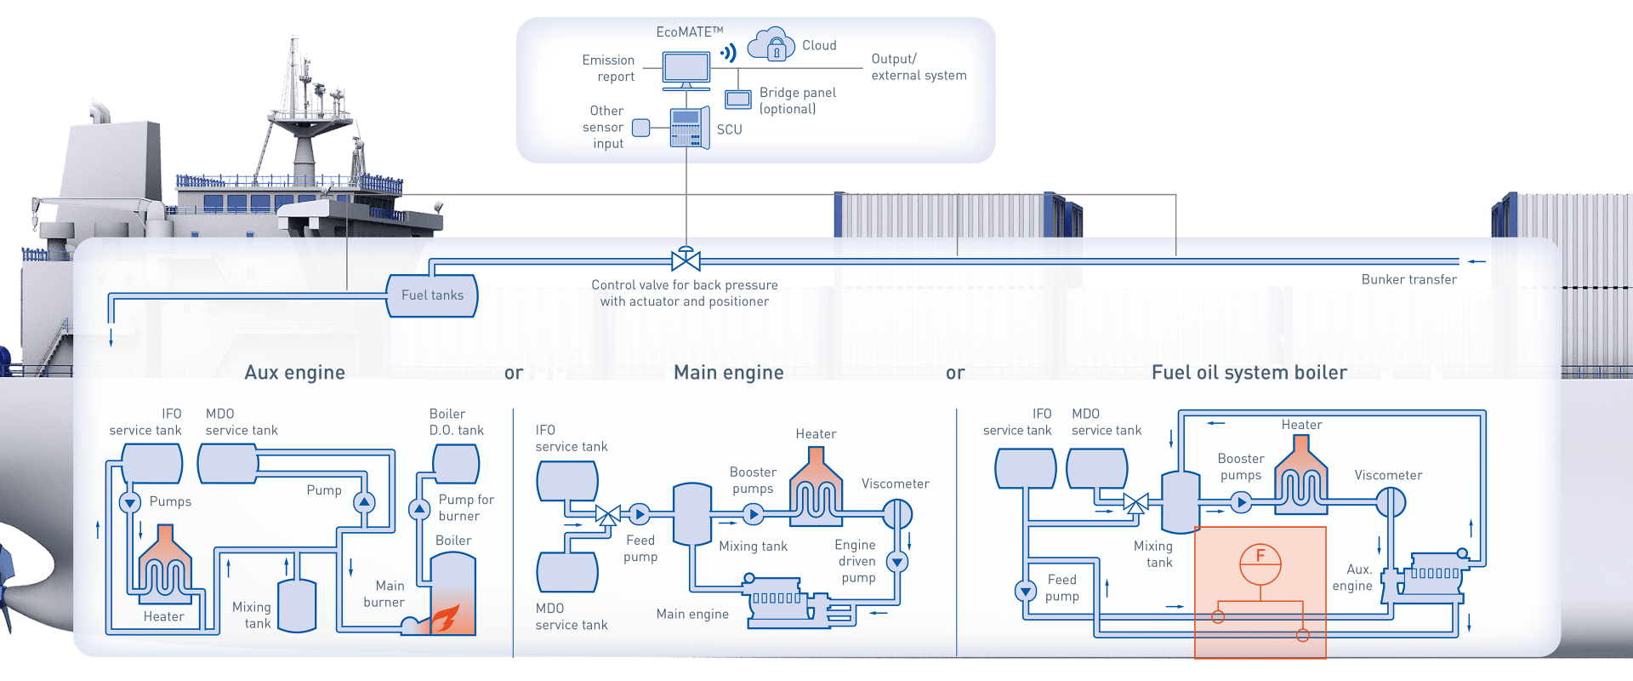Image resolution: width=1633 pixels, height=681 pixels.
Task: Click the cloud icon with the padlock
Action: coord(771,45)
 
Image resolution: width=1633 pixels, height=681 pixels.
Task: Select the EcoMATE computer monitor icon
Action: coord(686,70)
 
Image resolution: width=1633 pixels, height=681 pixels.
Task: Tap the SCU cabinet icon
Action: coord(689,129)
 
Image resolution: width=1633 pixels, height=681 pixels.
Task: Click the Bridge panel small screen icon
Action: coord(737,100)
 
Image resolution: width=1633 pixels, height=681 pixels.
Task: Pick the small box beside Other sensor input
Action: coord(641,128)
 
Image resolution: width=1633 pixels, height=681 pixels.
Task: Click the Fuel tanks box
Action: coord(432,295)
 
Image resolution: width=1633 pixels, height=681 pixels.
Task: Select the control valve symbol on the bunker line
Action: coord(686,260)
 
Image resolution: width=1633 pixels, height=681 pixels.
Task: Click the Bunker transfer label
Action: coord(1408,279)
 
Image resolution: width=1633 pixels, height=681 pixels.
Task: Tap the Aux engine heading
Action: coord(294,372)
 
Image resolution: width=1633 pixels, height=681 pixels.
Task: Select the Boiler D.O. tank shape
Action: coord(456,464)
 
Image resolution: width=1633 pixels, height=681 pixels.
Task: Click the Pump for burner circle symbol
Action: coord(419,510)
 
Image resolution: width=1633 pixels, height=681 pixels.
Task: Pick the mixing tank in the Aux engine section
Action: coord(297,606)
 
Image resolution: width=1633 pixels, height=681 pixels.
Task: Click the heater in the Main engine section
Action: coord(816,484)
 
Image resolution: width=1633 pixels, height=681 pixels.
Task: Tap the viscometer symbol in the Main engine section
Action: coord(896,513)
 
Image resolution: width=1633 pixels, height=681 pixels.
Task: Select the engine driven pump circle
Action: coord(897,562)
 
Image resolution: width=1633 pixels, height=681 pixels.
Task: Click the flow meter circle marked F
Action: coord(1260,564)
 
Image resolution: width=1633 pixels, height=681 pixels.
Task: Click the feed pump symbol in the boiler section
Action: coord(1026,591)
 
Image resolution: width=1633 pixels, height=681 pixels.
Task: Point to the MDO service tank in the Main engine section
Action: coord(567,572)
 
